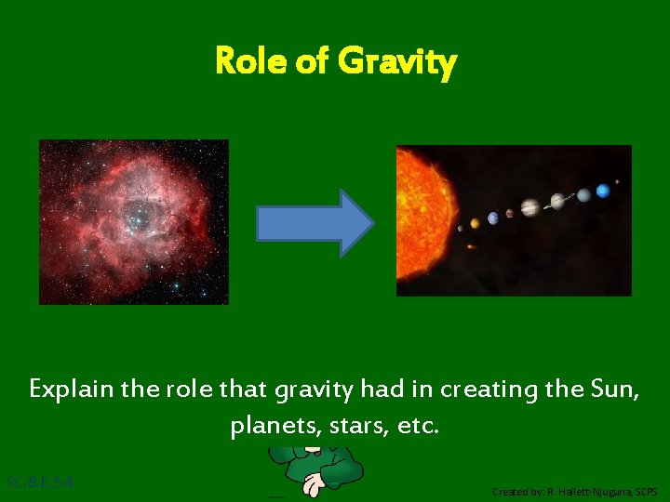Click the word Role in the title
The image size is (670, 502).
(246, 62)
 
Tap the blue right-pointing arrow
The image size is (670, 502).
(315, 223)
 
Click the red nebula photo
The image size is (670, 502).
(133, 221)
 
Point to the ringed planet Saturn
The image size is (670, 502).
(557, 201)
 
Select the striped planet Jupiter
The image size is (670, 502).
(529, 207)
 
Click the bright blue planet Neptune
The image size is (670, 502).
(603, 191)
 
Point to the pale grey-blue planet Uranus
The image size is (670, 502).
(583, 195)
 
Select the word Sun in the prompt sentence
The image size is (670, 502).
(612, 389)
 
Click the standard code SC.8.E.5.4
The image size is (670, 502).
(40, 482)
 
